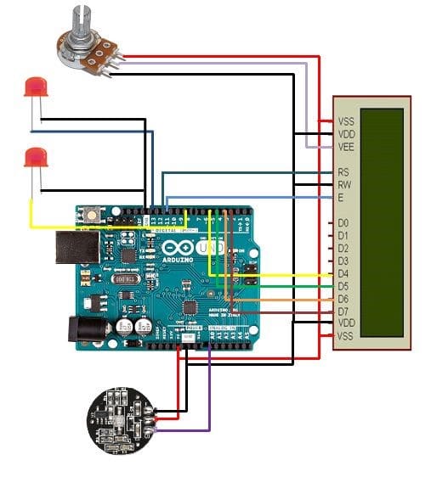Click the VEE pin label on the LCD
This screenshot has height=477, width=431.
(x=346, y=147)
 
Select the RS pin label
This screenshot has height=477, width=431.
(x=344, y=172)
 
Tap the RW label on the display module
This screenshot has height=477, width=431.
(x=344, y=185)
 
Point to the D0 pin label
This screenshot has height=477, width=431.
(x=343, y=222)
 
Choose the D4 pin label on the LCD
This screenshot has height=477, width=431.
(x=343, y=273)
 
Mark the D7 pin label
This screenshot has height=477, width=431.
(x=343, y=311)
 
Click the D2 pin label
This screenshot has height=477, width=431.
(x=343, y=248)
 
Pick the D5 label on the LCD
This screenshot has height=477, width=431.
(x=343, y=286)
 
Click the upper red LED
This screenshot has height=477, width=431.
(x=35, y=87)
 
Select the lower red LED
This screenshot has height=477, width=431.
(x=35, y=158)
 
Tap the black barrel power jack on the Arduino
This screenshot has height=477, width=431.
(x=86, y=330)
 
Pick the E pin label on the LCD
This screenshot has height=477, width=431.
(x=340, y=198)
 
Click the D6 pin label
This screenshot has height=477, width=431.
(x=343, y=299)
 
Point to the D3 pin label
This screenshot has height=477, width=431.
(x=343, y=261)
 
